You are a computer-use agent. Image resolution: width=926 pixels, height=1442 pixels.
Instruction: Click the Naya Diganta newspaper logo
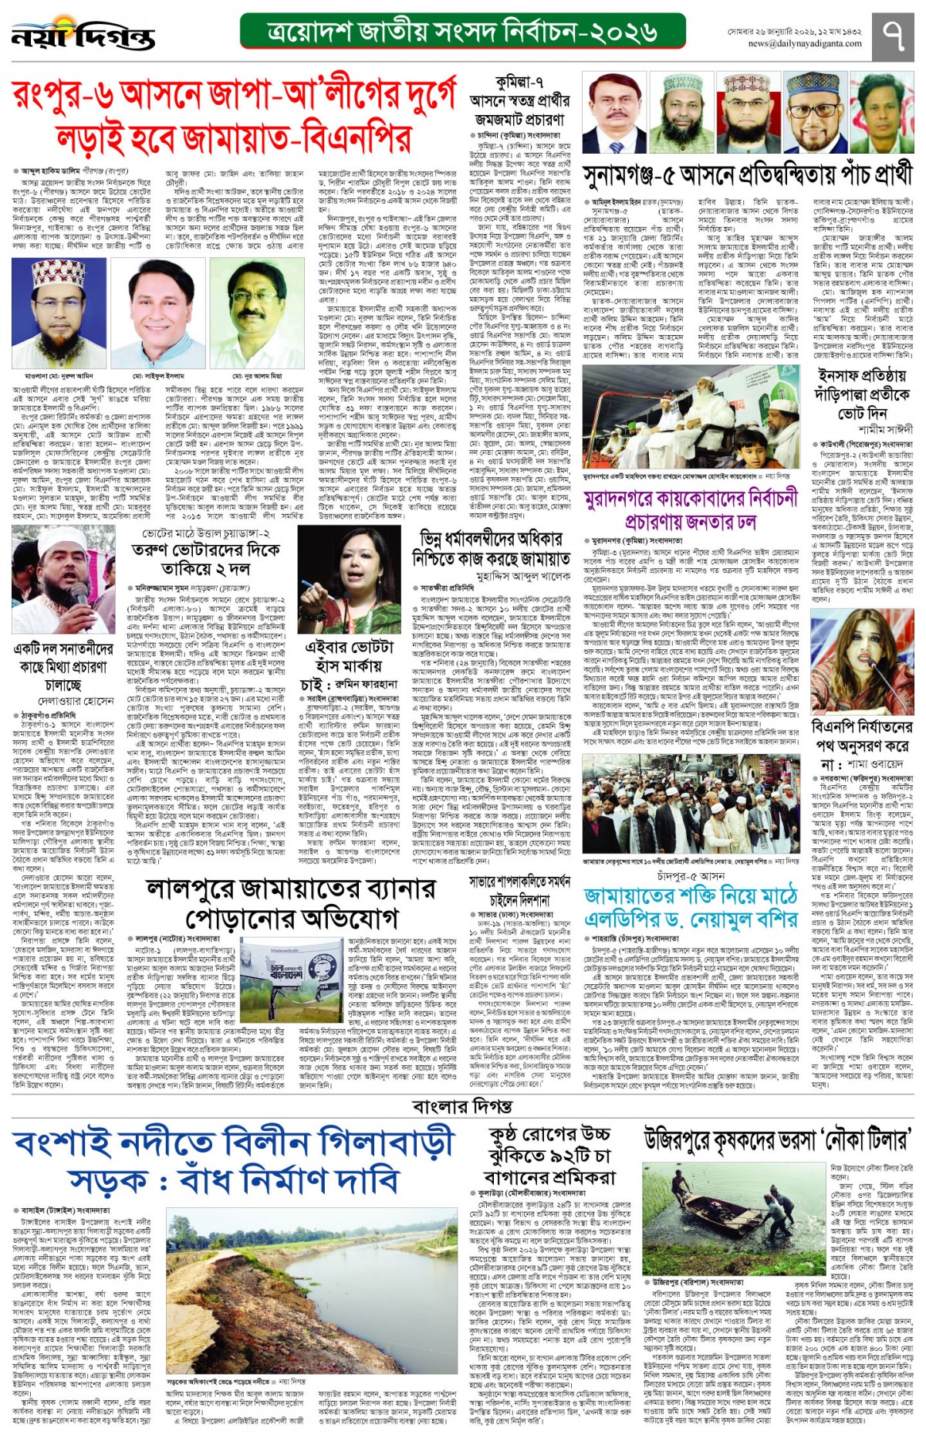tap(83, 34)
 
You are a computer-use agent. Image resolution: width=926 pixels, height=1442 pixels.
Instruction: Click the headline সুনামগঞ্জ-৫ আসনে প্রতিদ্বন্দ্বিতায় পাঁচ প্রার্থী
tap(747, 175)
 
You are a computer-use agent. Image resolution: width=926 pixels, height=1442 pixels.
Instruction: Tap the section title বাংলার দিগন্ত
tap(462, 1106)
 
